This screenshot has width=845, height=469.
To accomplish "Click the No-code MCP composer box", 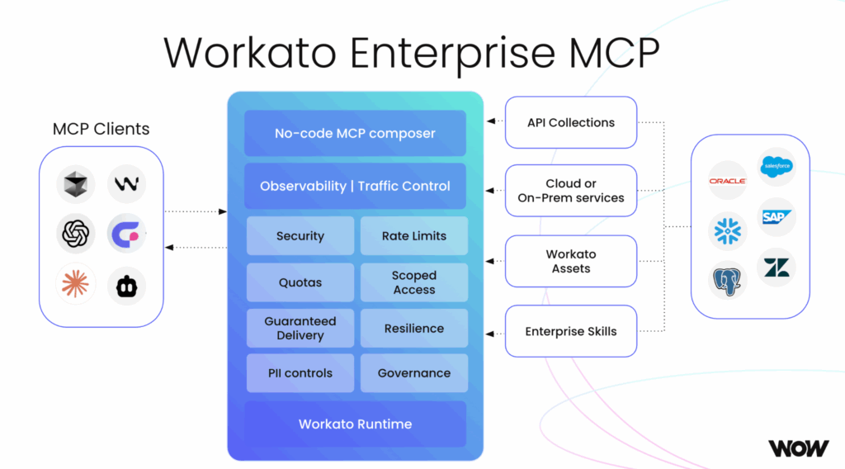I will [x=355, y=133].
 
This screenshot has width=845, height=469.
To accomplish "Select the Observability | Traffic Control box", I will [x=355, y=186].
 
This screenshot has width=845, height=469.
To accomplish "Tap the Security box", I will [x=300, y=236].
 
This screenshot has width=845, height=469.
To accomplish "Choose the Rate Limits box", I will [x=414, y=236].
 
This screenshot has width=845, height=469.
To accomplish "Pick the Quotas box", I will [x=300, y=282].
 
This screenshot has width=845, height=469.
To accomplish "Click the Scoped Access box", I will [x=414, y=282].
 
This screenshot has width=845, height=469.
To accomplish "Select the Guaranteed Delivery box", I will [x=300, y=328].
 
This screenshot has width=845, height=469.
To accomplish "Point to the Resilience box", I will [x=414, y=328].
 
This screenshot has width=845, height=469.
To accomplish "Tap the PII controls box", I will [x=300, y=373].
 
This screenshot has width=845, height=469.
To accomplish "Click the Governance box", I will [x=414, y=373].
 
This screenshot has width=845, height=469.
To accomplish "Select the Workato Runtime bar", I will [x=355, y=424].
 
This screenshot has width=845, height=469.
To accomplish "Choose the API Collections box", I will [x=571, y=122].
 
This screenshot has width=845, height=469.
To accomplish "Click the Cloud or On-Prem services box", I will [x=571, y=191].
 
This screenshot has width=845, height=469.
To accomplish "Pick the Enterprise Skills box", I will [x=571, y=331].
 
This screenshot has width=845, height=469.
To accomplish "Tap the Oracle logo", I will [x=727, y=180].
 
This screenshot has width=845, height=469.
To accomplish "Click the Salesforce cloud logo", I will [x=777, y=166].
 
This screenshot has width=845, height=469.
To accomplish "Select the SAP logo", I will [x=777, y=216].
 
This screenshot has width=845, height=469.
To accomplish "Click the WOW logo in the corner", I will [x=798, y=448].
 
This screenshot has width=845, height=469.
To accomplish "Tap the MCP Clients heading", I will [x=101, y=129].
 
